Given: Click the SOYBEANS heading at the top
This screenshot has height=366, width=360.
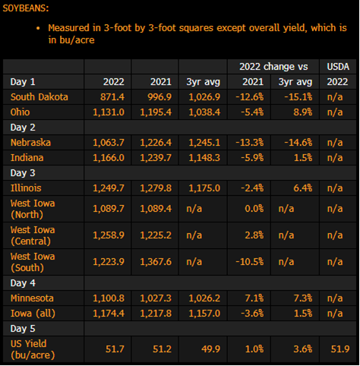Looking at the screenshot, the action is [x=26, y=8].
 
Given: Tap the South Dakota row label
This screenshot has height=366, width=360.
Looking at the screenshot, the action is [x=39, y=97].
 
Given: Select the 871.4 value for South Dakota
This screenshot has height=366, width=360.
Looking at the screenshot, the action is [x=112, y=97].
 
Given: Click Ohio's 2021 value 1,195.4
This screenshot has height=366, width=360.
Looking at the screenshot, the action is [x=156, y=112].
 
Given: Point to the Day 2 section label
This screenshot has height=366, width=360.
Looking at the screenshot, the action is [x=23, y=128].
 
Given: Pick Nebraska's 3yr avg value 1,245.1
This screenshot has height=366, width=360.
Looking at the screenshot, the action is [x=204, y=143].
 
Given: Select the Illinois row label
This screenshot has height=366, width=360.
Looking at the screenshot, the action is [x=26, y=188].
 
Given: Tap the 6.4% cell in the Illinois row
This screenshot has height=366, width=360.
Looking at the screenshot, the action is [x=303, y=188].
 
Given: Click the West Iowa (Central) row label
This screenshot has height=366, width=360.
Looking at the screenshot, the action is [x=33, y=235].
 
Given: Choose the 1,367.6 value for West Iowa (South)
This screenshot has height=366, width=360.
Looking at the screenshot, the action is [x=156, y=262].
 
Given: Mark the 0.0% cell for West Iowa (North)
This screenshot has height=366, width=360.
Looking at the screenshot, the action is [x=254, y=209].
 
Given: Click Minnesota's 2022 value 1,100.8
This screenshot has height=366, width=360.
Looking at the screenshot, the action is [x=109, y=298].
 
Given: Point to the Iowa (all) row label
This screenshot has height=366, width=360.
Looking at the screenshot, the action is [x=33, y=314].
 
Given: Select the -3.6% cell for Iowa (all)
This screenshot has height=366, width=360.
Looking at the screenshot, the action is [x=252, y=314].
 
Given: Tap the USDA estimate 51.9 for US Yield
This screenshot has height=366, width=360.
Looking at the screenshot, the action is [x=340, y=349].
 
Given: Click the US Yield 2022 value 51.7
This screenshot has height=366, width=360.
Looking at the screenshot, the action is [x=115, y=349].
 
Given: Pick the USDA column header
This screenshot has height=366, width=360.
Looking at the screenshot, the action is [x=338, y=67].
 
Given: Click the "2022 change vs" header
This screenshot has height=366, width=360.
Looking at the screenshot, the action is [x=273, y=67].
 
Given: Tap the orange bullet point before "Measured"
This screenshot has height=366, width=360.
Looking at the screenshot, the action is [x=38, y=28].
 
